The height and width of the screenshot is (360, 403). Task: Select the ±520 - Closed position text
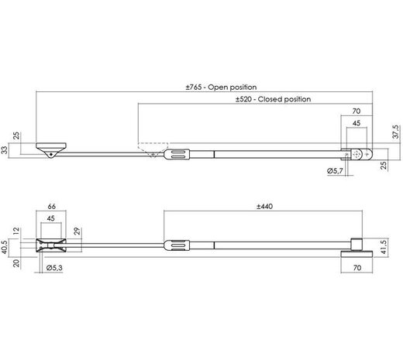coord(274,100)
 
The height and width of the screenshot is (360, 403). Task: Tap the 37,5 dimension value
coord(395,132)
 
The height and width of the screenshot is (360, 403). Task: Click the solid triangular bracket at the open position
coord(51,149)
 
